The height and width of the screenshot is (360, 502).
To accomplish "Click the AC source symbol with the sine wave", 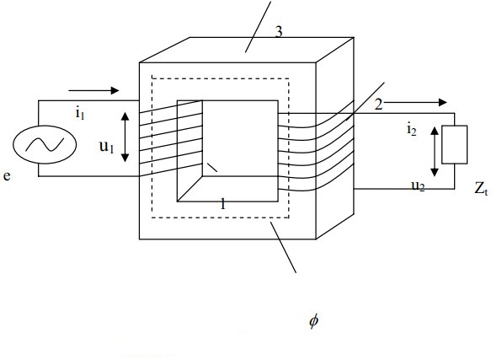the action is [x=45, y=144].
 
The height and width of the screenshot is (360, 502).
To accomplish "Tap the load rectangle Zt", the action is [x=454, y=144].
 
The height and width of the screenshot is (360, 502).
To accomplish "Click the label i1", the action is [x=80, y=114].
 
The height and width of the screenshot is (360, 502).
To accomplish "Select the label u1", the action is [x=107, y=147].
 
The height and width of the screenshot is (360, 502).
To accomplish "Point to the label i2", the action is [x=412, y=130].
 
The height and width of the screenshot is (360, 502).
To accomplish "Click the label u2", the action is [x=418, y=186].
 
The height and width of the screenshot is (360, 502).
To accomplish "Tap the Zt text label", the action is [x=481, y=189].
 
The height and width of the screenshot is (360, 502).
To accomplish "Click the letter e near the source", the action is [x=7, y=176].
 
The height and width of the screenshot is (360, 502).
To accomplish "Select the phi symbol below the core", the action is [x=313, y=321].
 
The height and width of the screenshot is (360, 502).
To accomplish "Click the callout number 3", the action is [x=279, y=32].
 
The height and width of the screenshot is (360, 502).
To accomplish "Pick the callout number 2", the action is [x=378, y=105].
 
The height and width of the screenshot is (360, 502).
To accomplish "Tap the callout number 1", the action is [x=223, y=204].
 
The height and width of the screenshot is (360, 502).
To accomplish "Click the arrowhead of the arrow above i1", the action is [x=115, y=91].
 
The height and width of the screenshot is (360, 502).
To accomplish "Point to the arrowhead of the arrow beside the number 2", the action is [x=442, y=103].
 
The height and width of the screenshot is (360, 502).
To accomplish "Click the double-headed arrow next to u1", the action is [x=125, y=137].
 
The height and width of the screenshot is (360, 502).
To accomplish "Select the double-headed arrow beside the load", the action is [x=435, y=151].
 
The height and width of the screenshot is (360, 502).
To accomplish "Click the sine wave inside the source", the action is [x=45, y=144].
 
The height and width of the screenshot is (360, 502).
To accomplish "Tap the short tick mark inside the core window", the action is [x=212, y=168].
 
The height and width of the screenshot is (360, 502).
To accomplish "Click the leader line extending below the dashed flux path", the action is [x=283, y=247].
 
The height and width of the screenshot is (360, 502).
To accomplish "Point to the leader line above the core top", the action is [x=259, y=27].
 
